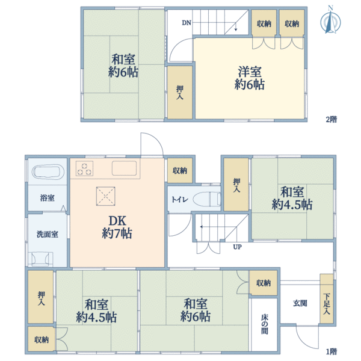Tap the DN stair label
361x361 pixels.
(187, 23)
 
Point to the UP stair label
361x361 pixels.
(238, 247)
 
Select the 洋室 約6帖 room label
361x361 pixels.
(249, 77)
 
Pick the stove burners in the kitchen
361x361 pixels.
(84, 170)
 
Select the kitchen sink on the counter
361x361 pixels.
(125, 169)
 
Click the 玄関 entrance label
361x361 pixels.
(300, 303)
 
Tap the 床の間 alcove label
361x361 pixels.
(265, 324)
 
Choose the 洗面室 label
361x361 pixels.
(46, 234)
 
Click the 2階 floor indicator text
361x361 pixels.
(331, 119)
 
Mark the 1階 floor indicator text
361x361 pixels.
(331, 351)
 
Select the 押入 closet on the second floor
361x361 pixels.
(180, 91)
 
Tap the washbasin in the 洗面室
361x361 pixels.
(43, 258)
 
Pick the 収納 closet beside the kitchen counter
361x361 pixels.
(179, 171)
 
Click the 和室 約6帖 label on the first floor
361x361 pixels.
(197, 309)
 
